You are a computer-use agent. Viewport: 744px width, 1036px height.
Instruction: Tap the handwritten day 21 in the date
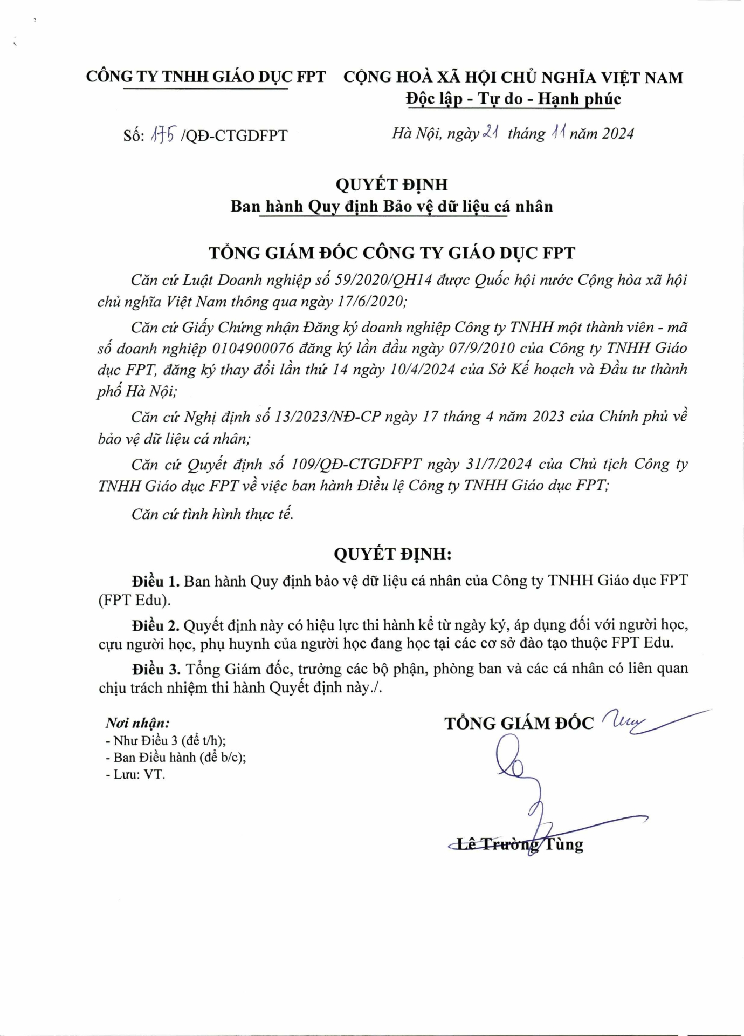[490, 132]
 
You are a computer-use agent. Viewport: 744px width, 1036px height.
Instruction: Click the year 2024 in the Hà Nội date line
[618, 133]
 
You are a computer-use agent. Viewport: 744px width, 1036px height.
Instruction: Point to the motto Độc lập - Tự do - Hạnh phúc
[513, 99]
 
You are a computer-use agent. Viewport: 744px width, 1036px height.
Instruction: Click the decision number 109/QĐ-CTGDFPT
[356, 464]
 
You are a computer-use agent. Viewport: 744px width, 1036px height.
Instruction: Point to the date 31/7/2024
[500, 464]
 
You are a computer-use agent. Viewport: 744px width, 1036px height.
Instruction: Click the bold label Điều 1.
[155, 581]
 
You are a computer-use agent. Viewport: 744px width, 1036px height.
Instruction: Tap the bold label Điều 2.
[155, 625]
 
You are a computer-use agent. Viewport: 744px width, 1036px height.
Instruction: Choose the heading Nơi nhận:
[137, 723]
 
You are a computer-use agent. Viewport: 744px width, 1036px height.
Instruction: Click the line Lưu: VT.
[139, 774]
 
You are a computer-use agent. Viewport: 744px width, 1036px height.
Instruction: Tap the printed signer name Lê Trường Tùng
[520, 844]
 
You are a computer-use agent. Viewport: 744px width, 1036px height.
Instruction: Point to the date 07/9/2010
[481, 349]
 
